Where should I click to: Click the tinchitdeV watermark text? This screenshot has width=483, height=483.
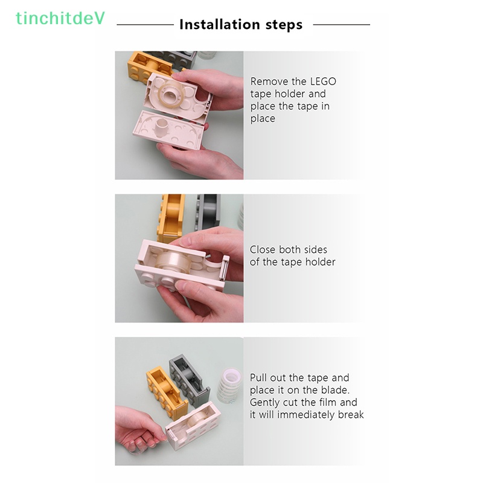coord(60,19)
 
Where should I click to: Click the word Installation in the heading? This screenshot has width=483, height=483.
coord(220,25)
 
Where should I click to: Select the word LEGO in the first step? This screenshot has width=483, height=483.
coord(323,82)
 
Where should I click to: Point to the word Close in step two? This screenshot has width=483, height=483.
coord(263,249)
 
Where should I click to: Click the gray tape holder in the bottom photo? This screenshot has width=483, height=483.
coord(190,377)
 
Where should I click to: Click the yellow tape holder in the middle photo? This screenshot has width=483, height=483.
coord(171,217)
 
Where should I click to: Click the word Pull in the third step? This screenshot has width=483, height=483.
coord(260,378)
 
